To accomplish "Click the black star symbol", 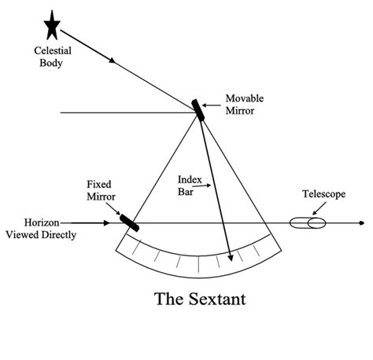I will click(x=53, y=27).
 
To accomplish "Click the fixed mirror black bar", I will click(x=130, y=221).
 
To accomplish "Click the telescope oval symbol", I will click(x=308, y=223).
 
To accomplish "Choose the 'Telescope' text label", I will click(x=323, y=194).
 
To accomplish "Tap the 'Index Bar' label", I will click(x=187, y=184).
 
